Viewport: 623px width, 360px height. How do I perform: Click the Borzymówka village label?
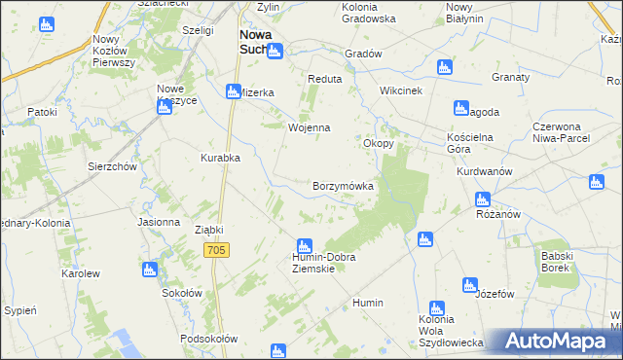(x=343, y=185)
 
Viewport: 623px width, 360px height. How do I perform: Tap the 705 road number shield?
(x=217, y=250)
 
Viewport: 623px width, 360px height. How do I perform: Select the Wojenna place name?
(x=310, y=127)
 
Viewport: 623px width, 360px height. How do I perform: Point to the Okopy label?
(x=379, y=143)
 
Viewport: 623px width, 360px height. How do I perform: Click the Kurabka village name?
(x=220, y=157)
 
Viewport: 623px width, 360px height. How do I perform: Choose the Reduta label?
(x=323, y=79)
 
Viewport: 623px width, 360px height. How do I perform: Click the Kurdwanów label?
(x=484, y=171)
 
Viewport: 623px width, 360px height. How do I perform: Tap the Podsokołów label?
(x=209, y=339)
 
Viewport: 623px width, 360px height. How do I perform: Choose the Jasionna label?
(x=159, y=222)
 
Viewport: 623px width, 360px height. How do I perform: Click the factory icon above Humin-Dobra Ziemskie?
(x=305, y=245)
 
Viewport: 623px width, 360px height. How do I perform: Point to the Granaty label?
(x=510, y=77)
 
